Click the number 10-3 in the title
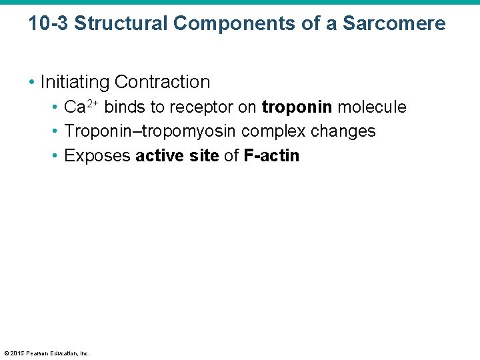tap(49, 23)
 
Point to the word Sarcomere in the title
tap(394, 23)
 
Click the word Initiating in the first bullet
tap(75, 82)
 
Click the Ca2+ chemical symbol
tap(82, 107)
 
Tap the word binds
tap(124, 107)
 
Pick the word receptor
tap(199, 107)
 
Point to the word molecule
tap(371, 107)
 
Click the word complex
tap(273, 131)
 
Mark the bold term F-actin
tap(271, 156)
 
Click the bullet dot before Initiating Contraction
tap(31, 83)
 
